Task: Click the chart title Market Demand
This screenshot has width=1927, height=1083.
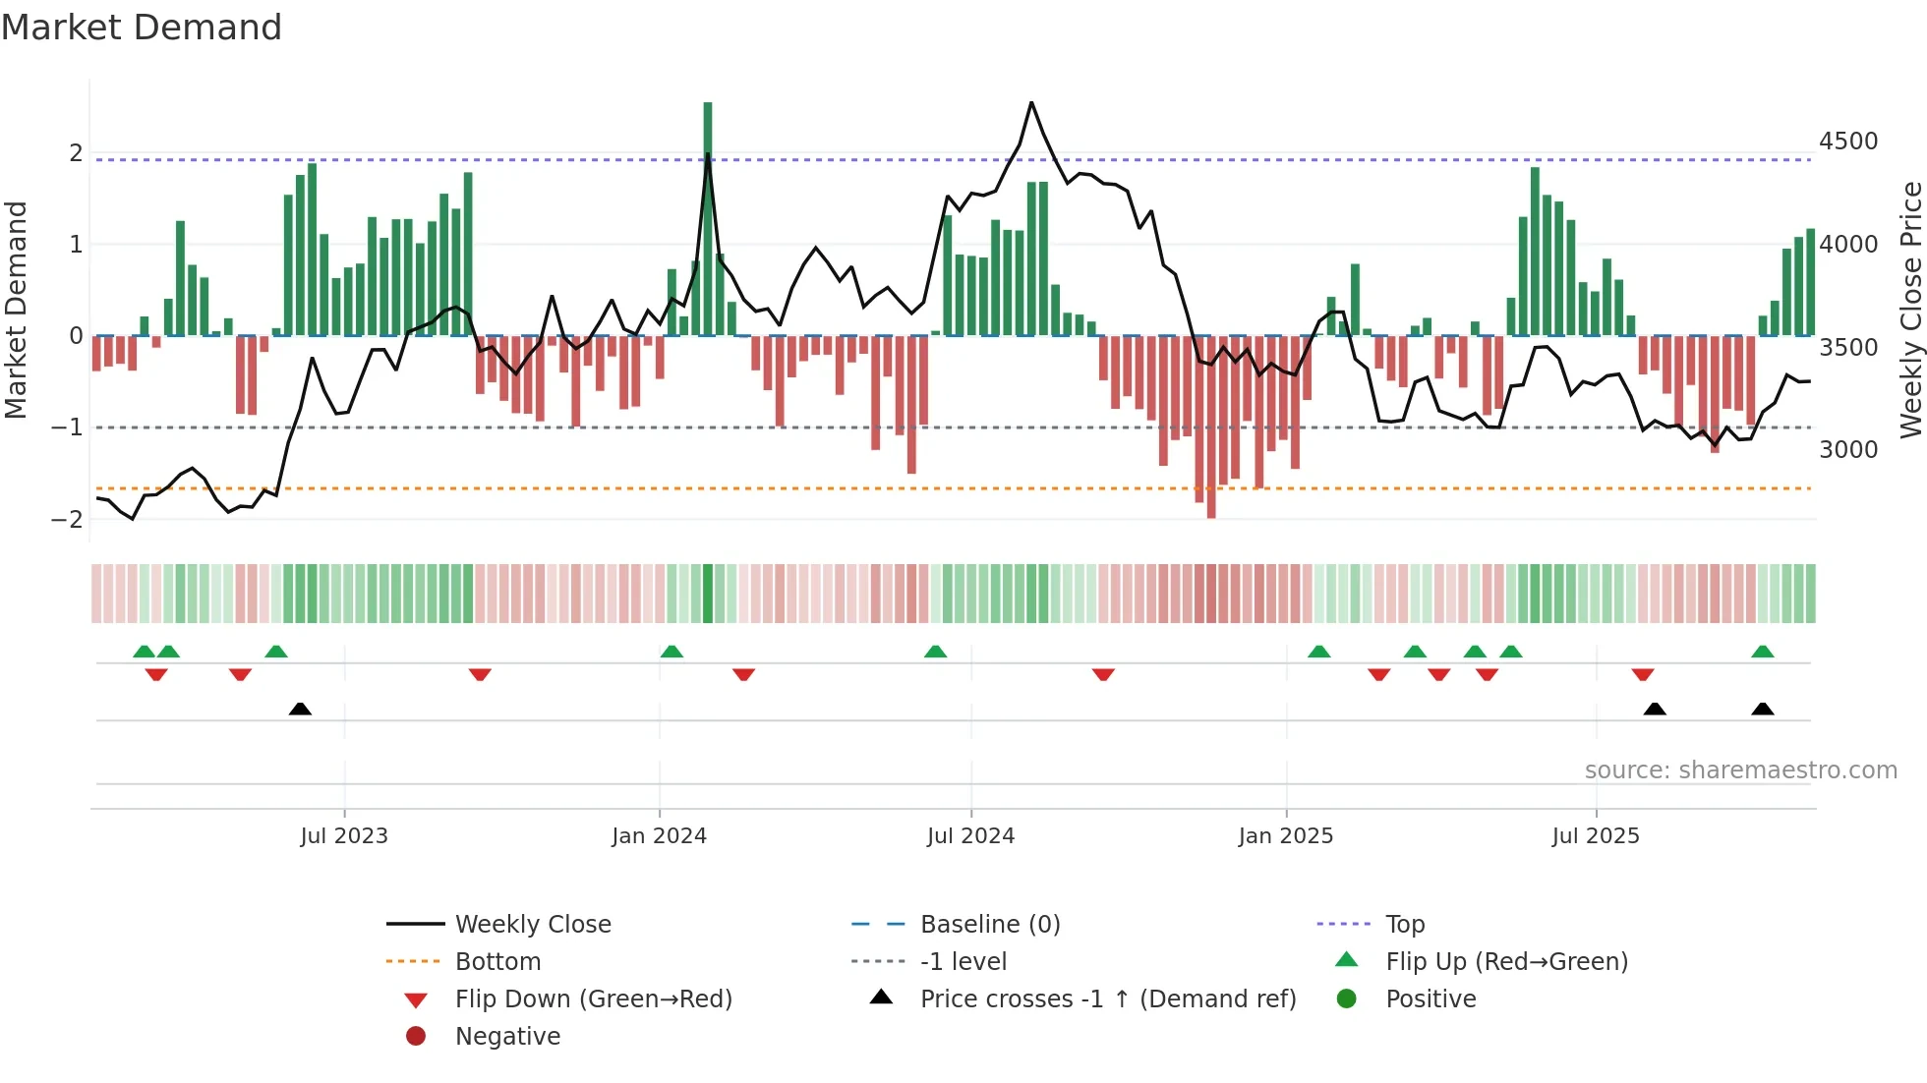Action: [x=142, y=28]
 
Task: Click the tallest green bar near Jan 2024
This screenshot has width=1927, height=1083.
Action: [x=708, y=216]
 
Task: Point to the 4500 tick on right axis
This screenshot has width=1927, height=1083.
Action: [x=1847, y=142]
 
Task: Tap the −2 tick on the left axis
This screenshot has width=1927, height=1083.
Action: [x=68, y=519]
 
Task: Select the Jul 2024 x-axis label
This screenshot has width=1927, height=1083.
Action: [x=970, y=836]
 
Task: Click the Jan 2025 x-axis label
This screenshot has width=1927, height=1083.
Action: [x=1285, y=836]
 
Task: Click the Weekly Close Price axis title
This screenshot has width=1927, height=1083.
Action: [x=1910, y=310]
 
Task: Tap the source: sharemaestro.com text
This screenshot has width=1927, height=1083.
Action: [x=1740, y=770]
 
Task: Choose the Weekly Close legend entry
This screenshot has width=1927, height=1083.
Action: [x=532, y=925]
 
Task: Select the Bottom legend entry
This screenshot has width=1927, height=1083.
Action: [x=497, y=962]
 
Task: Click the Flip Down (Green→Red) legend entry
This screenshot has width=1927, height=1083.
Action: [x=593, y=999]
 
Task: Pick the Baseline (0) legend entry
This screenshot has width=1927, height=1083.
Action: [x=989, y=925]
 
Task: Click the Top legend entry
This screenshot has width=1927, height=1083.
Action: [x=1405, y=925]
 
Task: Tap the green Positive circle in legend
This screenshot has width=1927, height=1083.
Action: [x=1347, y=999]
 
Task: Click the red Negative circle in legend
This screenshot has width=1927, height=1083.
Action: [x=416, y=1037]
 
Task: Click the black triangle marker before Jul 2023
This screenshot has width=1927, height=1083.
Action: [x=300, y=709]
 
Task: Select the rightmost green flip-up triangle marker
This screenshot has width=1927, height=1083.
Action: [x=1763, y=652]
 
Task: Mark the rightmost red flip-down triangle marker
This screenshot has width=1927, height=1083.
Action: [x=1643, y=674]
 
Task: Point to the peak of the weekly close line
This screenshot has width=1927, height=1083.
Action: [x=1031, y=102]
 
